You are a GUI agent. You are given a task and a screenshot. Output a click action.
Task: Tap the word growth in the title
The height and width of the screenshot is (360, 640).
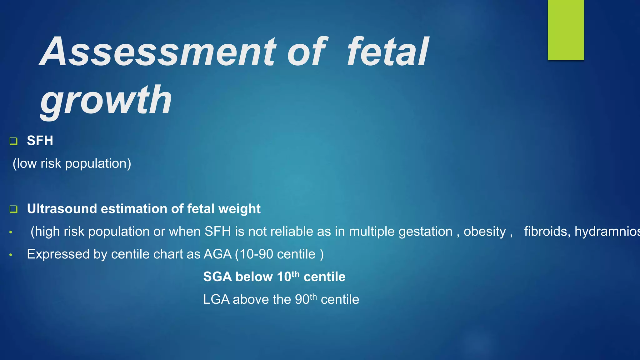(x=106, y=100)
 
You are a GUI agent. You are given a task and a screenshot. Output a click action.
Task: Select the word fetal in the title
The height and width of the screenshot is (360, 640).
(x=388, y=52)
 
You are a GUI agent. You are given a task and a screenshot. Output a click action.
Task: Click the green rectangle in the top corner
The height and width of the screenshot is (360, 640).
(x=566, y=30)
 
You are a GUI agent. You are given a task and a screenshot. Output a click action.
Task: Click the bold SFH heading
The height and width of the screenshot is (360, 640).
(x=40, y=141)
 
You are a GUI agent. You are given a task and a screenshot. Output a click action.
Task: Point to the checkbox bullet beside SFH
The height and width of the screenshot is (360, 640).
(x=13, y=141)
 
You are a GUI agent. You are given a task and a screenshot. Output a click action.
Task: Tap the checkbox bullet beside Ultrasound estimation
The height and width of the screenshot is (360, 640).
(x=13, y=209)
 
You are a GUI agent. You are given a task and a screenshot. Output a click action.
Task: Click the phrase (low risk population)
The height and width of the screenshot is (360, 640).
(x=72, y=163)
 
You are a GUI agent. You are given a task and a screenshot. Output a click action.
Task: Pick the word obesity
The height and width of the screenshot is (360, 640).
(x=484, y=232)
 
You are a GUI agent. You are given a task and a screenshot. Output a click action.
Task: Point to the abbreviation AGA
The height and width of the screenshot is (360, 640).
(x=217, y=254)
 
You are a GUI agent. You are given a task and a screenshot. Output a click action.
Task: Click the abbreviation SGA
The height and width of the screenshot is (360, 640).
(x=217, y=277)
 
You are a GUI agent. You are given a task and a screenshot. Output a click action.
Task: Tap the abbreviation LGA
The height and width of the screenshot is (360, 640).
(x=216, y=299)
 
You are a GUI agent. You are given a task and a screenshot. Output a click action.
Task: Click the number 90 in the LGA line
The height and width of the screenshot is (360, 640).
(x=302, y=299)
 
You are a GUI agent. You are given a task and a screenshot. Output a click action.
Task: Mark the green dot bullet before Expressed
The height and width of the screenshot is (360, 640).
(x=11, y=255)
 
